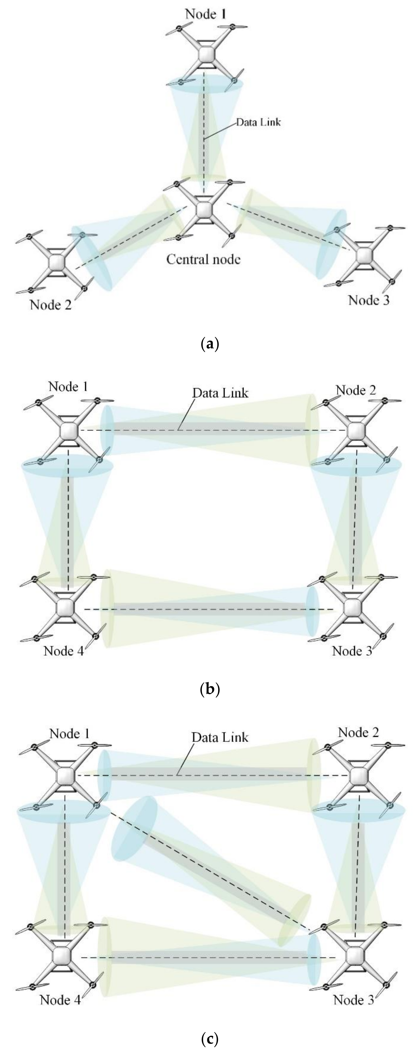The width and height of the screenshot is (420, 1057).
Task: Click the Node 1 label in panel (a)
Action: tap(206, 14)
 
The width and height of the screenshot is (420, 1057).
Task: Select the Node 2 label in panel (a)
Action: tap(50, 305)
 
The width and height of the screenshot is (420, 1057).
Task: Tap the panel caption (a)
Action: tap(210, 343)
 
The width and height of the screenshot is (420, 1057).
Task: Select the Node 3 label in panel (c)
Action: tap(353, 1000)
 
